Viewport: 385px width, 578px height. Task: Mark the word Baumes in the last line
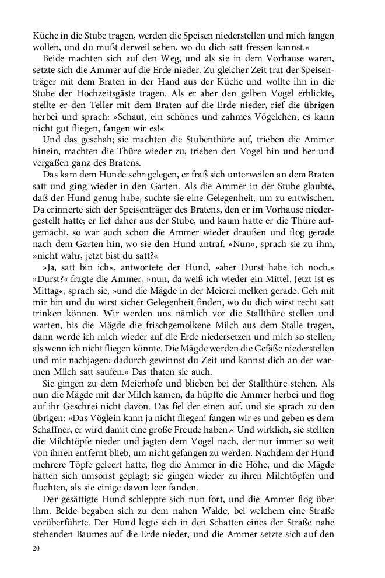(99, 550)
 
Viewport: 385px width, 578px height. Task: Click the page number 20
(37, 565)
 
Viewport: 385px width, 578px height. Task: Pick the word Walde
(187, 524)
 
